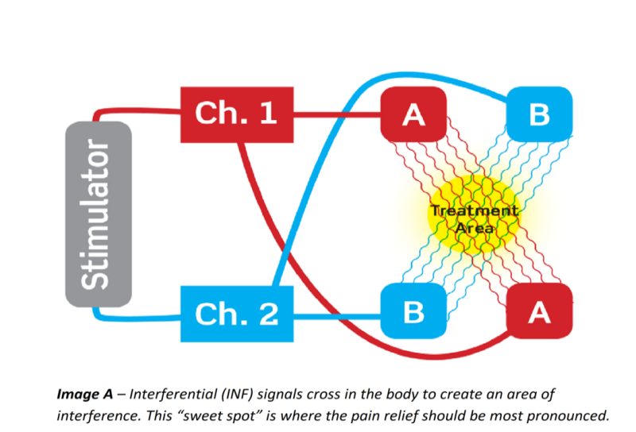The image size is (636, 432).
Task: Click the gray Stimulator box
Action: (x=98, y=214)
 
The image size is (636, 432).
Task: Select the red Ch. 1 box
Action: (x=236, y=114)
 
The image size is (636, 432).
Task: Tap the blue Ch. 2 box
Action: (x=236, y=314)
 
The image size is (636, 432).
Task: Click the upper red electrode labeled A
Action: (x=413, y=114)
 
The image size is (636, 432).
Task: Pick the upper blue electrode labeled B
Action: (x=539, y=114)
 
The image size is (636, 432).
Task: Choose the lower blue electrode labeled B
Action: (x=413, y=312)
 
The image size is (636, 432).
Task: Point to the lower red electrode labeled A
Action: (x=539, y=313)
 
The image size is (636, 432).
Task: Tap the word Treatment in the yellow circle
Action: (x=474, y=210)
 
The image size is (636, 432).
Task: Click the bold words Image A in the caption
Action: (x=84, y=393)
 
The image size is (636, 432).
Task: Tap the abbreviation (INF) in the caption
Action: (x=241, y=393)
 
